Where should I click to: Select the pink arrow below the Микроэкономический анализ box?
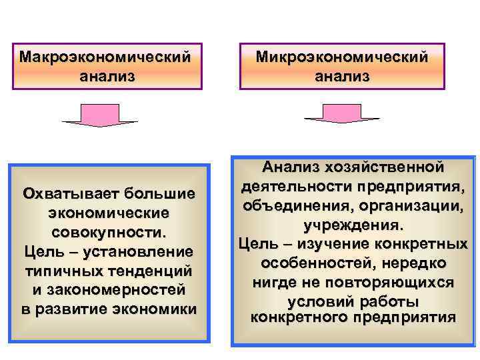[341, 113]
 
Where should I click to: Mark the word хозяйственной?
[383, 165]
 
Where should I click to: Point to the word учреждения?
[352, 224]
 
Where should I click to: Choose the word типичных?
[63, 271]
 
